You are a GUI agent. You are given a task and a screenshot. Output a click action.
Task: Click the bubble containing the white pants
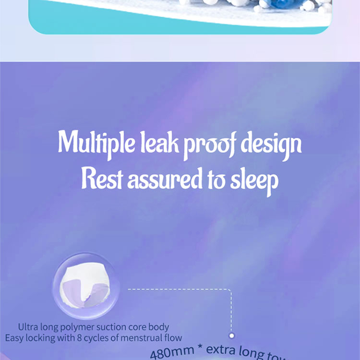(86, 287)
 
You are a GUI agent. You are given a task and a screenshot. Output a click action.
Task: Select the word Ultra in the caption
(28, 327)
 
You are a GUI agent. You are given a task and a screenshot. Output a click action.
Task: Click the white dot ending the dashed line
(231, 336)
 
